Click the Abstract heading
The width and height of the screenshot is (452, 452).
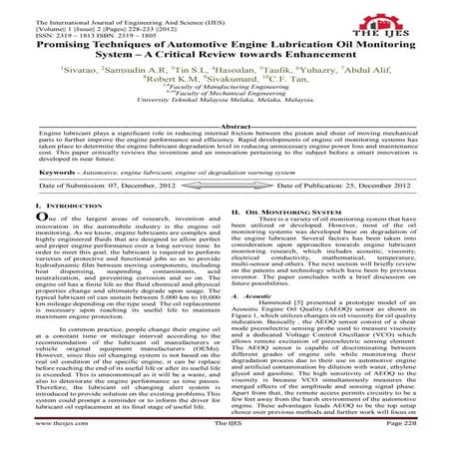coord(226,127)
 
